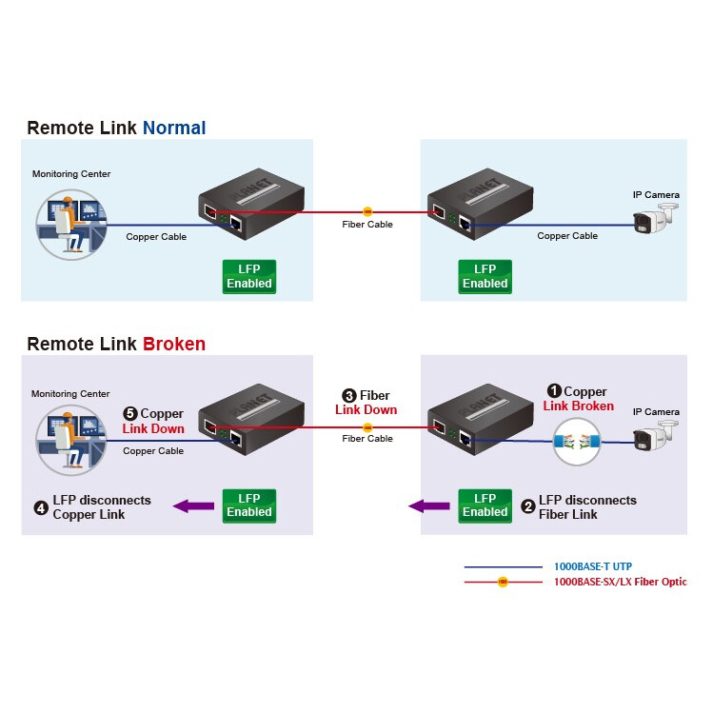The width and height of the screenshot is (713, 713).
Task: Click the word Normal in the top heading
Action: tap(174, 128)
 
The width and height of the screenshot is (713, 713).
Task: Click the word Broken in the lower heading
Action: tap(174, 344)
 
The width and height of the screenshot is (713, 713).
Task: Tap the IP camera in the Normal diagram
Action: tap(655, 220)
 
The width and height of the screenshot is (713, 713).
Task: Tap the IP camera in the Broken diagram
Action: tap(655, 437)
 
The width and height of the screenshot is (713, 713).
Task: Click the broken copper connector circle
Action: tap(581, 440)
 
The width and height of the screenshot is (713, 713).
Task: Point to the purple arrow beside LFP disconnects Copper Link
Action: tap(193, 506)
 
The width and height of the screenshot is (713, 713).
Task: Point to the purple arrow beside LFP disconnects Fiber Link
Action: tap(429, 506)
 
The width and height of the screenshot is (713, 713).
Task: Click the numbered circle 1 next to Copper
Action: tap(553, 391)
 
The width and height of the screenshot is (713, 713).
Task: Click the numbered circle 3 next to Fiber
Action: tap(349, 395)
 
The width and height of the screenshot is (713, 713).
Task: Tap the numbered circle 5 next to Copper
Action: tap(130, 414)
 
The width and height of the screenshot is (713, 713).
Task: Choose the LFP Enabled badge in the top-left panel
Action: tap(249, 276)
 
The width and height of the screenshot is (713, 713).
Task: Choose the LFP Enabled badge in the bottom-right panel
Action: tap(485, 505)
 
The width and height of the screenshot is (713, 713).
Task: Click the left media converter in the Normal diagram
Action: tap(250, 203)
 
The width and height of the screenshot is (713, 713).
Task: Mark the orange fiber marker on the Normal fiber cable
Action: tap(367, 211)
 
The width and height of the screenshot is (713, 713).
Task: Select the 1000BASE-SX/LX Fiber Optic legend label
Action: tap(620, 582)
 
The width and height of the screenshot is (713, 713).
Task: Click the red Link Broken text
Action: tap(578, 406)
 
